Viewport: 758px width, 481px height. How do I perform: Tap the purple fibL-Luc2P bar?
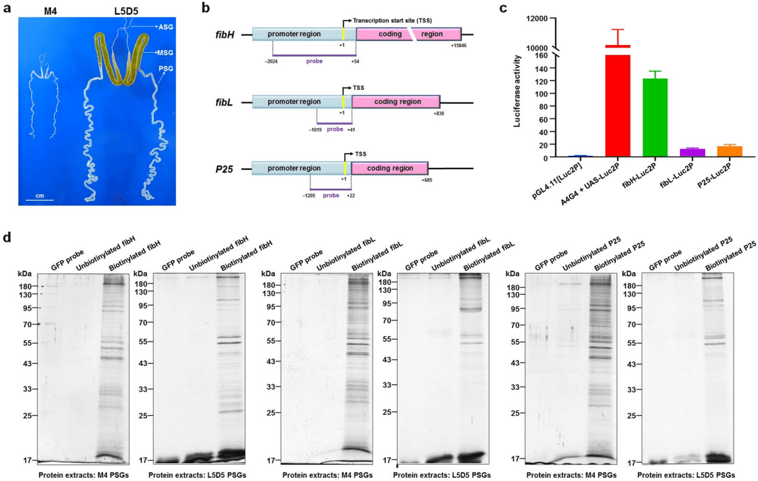click(x=691, y=153)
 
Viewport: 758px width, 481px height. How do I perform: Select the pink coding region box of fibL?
click(x=395, y=102)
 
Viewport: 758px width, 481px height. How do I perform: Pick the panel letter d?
click(x=6, y=236)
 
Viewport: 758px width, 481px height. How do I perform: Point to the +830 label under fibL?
click(x=439, y=113)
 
